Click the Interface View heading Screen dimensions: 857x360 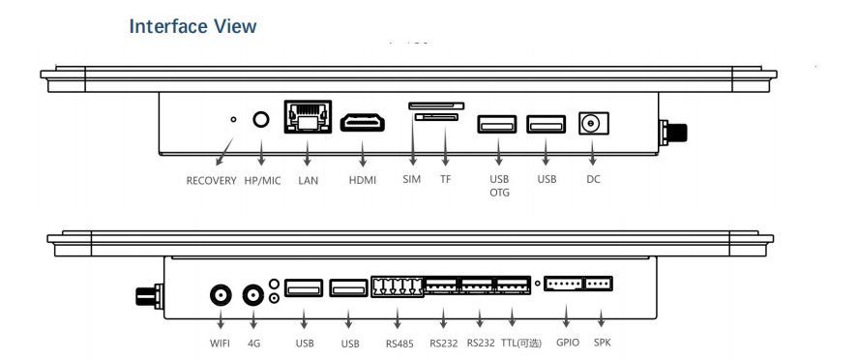pos(192,26)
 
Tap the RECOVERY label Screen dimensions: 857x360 pos(211,181)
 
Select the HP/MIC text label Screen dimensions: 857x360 pos(261,181)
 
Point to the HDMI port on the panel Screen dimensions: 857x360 pos(363,122)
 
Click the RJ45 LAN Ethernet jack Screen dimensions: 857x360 pos(308,116)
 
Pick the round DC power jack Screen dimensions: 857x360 pos(594,123)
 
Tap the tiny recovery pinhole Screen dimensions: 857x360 pos(233,119)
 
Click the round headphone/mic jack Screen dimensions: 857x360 pos(262,120)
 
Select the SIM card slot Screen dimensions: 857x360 pos(436,105)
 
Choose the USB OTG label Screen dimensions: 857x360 pos(499,186)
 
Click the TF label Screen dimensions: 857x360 pos(446,179)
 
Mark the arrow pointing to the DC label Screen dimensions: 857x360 pos(594,150)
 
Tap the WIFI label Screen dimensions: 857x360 pos(220,344)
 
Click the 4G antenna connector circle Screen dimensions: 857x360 pos(253,296)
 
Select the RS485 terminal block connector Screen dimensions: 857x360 pos(398,287)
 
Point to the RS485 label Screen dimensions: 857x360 pos(399,345)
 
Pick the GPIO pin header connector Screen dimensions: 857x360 pos(564,284)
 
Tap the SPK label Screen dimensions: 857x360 pos(603,343)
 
